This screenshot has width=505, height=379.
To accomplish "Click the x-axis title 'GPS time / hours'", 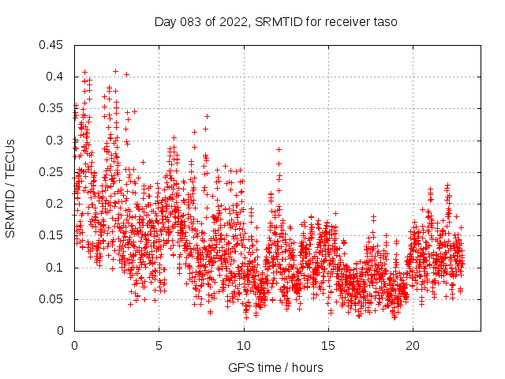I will point(275,368).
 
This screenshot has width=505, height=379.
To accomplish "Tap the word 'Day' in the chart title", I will point(165,22).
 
